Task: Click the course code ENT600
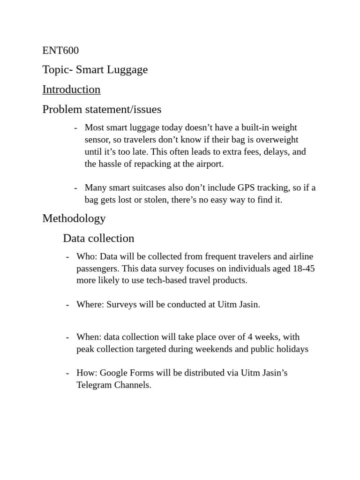click(60, 50)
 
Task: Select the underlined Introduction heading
click(71, 90)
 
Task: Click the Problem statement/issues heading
click(102, 110)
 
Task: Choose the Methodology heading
click(74, 218)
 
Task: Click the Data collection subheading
click(98, 239)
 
